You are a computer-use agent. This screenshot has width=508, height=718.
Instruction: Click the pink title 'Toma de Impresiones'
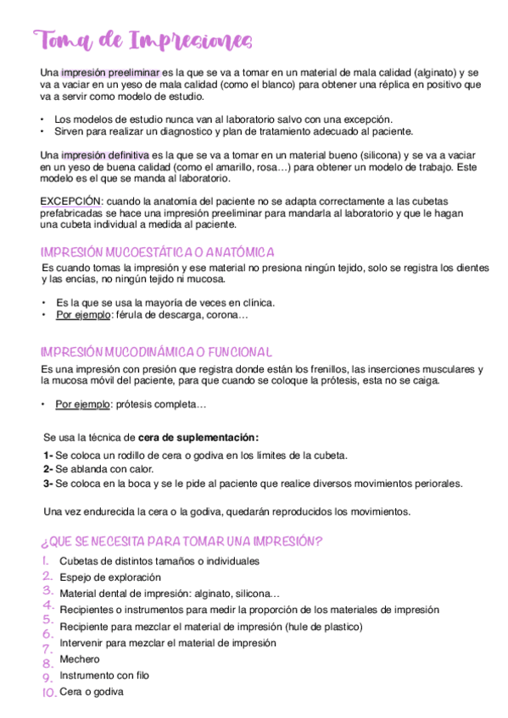click(142, 40)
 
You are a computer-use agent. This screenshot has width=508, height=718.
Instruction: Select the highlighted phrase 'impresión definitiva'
click(105, 156)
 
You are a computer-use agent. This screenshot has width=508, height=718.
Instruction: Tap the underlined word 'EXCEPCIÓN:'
click(71, 201)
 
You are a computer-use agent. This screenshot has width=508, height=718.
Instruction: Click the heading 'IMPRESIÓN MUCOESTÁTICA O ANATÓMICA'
click(157, 252)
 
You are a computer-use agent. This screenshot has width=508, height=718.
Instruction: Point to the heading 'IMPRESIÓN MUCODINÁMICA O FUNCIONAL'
click(156, 351)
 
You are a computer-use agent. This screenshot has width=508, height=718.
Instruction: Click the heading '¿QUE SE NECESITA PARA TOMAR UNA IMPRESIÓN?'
click(181, 541)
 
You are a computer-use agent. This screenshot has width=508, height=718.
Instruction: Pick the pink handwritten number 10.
click(48, 693)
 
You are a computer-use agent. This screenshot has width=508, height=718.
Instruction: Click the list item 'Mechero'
click(79, 659)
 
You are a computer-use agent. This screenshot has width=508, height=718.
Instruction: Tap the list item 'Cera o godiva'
click(91, 692)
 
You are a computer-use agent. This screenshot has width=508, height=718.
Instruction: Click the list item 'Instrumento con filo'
click(104, 675)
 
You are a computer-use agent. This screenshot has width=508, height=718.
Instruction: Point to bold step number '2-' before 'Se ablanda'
click(48, 469)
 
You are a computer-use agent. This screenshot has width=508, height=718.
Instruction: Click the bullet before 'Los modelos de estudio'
click(42, 119)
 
